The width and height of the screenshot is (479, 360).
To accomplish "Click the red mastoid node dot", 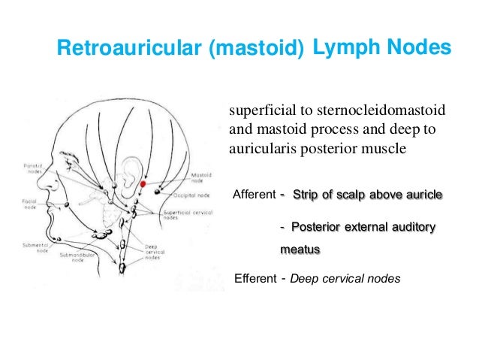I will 143,183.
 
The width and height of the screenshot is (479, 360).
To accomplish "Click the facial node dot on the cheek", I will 67,205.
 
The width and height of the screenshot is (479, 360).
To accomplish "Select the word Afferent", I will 255,195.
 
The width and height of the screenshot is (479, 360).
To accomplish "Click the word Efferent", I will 257,279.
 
